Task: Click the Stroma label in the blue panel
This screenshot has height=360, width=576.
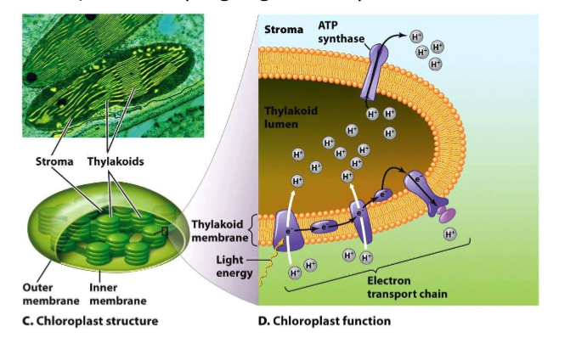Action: point(283,30)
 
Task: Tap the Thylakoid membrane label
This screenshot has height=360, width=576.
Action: point(218,229)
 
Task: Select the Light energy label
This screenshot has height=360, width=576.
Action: point(225,265)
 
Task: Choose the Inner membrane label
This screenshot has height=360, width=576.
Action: point(116,294)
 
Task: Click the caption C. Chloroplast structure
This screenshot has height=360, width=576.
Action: point(89,321)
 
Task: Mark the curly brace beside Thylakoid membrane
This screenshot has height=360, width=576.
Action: point(252,229)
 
